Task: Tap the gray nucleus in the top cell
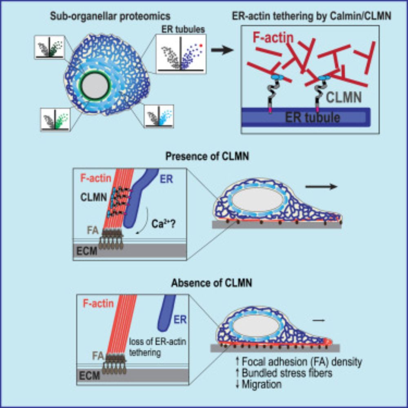pyautogui.click(x=95, y=87)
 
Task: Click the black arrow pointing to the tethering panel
pyautogui.click(x=224, y=50)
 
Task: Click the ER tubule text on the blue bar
pyautogui.click(x=310, y=118)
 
